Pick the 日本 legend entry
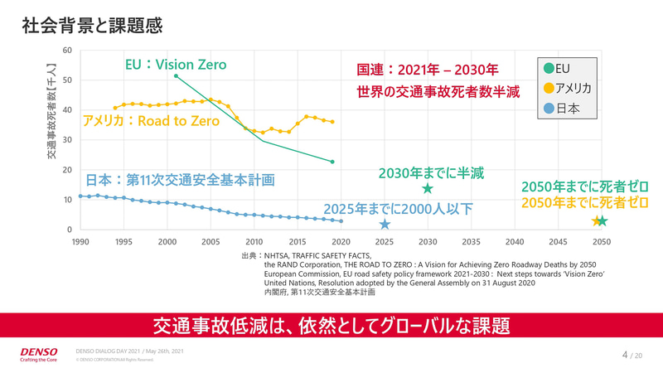tap(560, 108)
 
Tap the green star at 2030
tap(428, 189)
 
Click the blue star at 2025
tap(385, 225)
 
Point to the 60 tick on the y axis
tap(67, 51)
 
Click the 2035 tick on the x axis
tap(471, 241)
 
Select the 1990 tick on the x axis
tap(80, 241)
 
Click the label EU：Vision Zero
tap(175, 65)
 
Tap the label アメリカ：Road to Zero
tap(151, 121)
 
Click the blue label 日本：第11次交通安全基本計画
tap(180, 179)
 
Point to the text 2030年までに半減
tap(431, 173)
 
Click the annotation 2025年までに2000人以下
tap(398, 209)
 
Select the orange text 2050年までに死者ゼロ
tap(583, 202)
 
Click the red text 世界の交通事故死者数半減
tap(438, 92)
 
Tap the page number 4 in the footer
tap(624, 355)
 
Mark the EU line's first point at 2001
tap(177, 76)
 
